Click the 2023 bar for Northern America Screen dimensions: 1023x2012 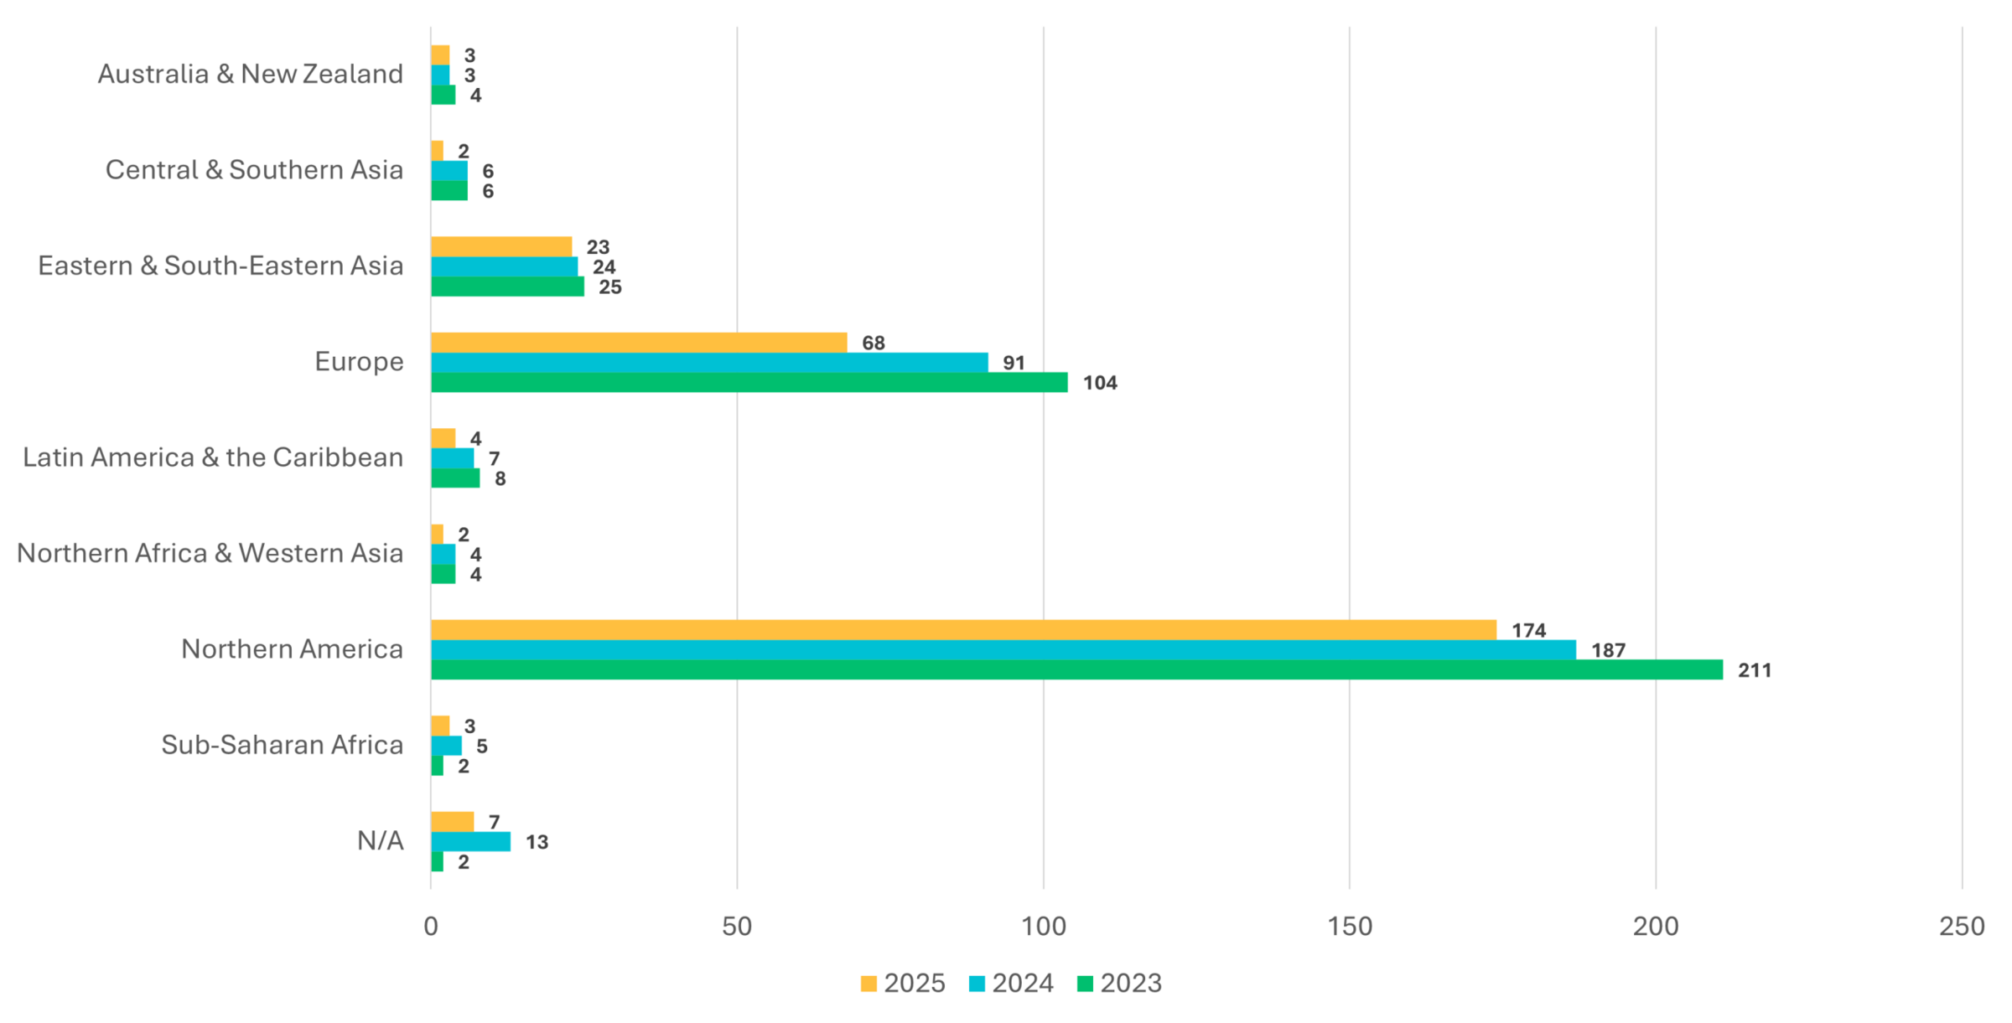pos(1076,669)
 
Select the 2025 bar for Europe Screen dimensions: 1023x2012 pos(639,343)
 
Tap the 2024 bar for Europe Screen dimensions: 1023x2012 pos(709,363)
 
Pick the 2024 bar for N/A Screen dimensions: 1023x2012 pos(470,841)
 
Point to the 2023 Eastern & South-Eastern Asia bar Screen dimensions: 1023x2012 pos(507,287)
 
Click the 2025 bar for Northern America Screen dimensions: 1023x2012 pos(963,630)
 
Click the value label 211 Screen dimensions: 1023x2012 pos(1754,670)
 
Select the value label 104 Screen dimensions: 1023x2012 pos(1099,383)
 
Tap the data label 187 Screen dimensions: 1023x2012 pos(1608,650)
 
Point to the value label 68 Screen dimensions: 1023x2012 pos(873,343)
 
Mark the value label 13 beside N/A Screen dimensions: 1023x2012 pos(537,842)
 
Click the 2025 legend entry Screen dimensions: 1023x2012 pos(903,984)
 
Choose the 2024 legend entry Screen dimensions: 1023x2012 pos(1011,984)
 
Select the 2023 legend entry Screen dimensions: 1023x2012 pos(1119,984)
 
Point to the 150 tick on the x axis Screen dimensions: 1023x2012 pos(1350,927)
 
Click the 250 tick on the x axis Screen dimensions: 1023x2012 pos(1962,927)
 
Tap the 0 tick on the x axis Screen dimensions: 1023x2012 pos(431,927)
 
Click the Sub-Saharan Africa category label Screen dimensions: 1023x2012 pos(282,745)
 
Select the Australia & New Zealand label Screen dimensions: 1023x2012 pos(250,74)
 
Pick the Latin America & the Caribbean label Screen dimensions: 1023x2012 pos(213,457)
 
